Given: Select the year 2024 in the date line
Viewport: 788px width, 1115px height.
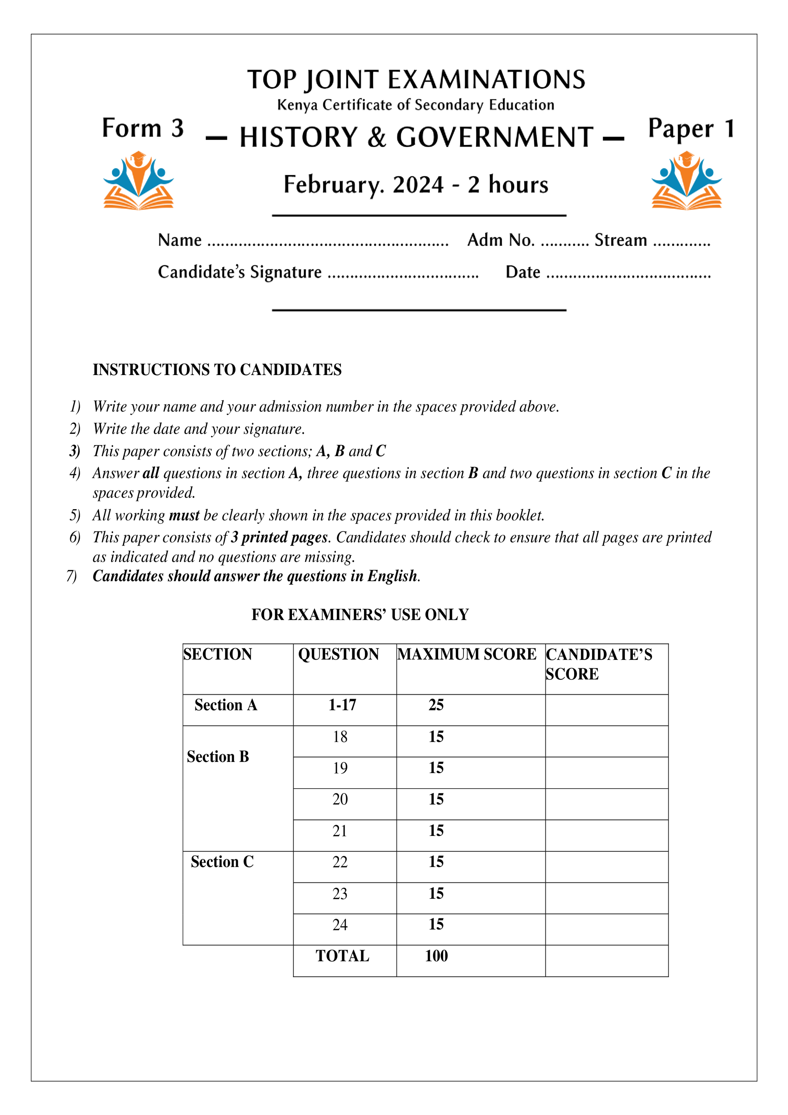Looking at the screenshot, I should click(418, 185).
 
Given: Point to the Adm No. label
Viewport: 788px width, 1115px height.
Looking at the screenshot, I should click(500, 240).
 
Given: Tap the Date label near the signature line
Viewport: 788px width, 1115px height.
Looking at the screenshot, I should click(523, 272).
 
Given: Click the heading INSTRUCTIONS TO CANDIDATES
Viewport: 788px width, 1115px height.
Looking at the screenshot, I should click(217, 370).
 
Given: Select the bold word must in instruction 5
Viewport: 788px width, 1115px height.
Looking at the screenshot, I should click(184, 515).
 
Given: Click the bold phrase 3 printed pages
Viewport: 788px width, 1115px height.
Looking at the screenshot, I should click(279, 537).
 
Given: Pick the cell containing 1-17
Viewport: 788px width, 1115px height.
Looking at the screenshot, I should click(342, 705).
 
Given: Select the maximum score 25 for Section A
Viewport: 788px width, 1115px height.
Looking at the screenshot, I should click(436, 705).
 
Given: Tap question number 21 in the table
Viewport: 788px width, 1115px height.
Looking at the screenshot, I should click(340, 831).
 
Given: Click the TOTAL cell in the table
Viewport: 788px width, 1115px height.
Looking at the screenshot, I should click(342, 956).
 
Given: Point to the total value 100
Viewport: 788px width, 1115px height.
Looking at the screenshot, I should click(436, 956).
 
